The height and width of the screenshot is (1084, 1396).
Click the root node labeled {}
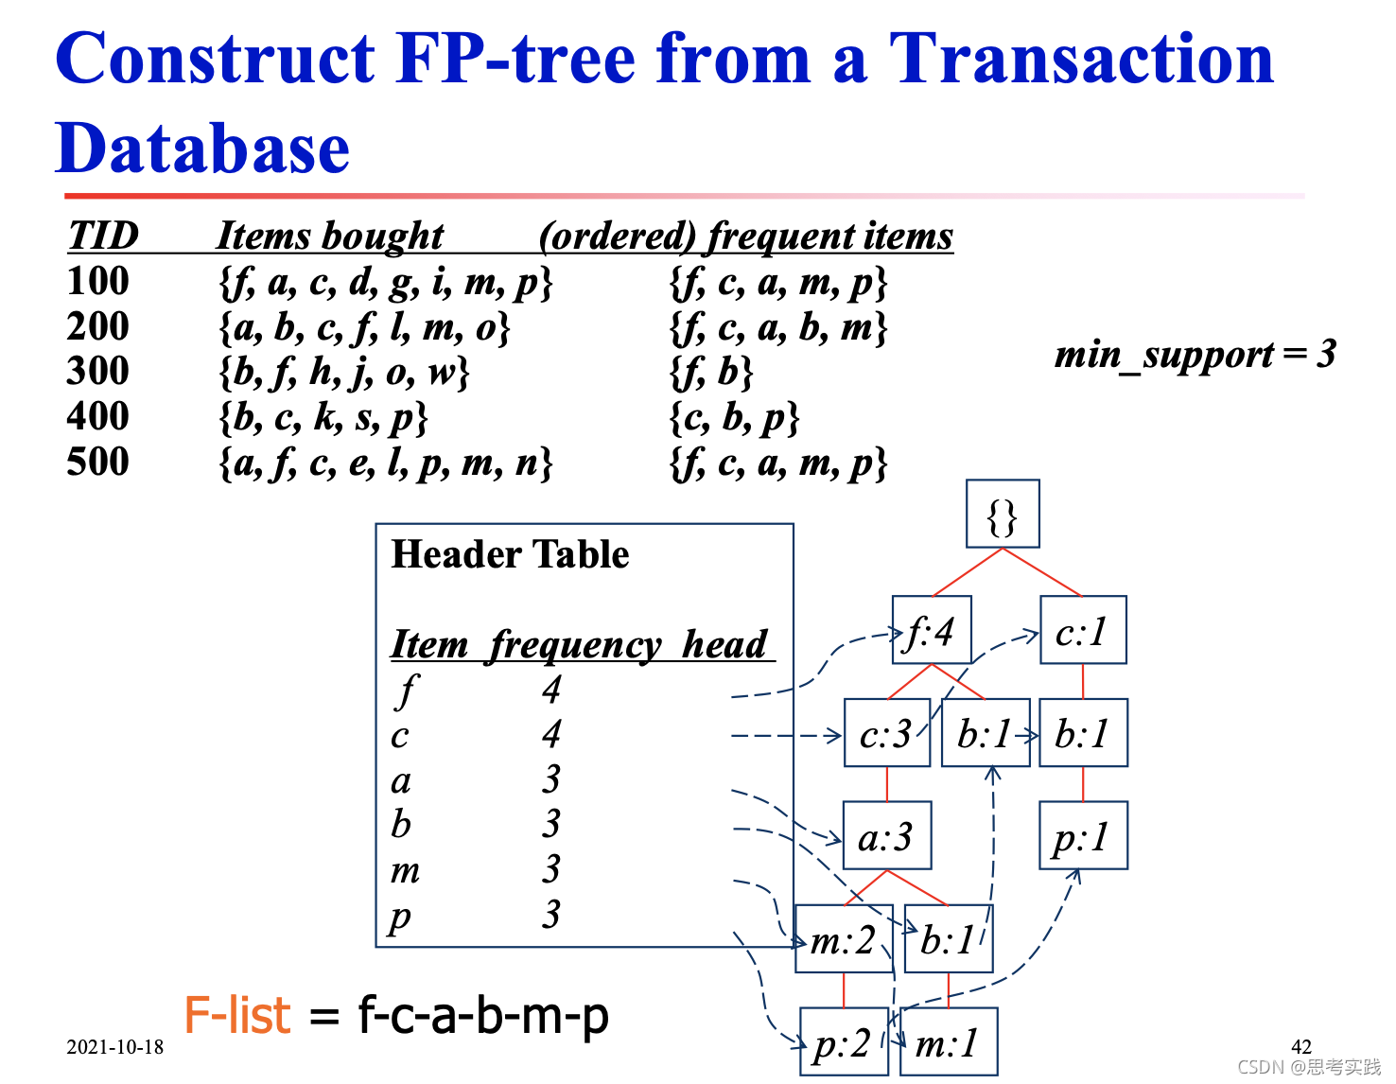pos(1003,514)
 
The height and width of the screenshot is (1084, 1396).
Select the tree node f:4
pos(931,630)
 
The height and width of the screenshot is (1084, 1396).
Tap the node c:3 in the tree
pos(886,733)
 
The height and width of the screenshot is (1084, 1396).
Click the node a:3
pos(886,835)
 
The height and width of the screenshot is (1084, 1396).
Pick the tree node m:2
pos(844,939)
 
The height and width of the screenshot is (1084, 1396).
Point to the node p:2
pos(844,1041)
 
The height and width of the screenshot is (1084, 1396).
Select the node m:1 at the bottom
pos(949,1041)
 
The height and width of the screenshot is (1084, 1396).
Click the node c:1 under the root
pos(1083,630)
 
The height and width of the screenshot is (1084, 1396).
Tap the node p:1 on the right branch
pos(1083,835)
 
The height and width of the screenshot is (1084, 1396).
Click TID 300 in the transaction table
pos(97,371)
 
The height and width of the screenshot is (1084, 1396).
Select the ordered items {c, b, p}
pos(735,417)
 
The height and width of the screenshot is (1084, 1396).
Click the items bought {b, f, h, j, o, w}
pos(344,372)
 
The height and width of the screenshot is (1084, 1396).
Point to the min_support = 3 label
pos(1195,355)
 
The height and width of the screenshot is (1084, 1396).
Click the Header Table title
pos(510,554)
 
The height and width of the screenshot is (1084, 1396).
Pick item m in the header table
pos(405,869)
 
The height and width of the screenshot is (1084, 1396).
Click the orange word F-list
pos(236,1016)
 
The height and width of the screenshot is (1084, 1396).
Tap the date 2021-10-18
pos(114,1047)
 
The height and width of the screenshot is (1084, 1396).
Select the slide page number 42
pos(1300,1046)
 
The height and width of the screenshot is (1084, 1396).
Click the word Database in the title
pos(202,149)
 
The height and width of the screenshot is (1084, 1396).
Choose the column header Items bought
pos(330,236)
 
